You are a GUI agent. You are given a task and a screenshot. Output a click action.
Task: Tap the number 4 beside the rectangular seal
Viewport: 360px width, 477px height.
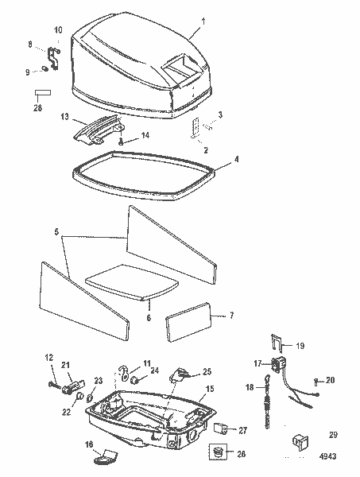pos(235,158)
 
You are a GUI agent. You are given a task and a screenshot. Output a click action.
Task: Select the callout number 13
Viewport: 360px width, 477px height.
pos(64,116)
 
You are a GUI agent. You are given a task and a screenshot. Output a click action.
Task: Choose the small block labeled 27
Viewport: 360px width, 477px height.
pos(221,429)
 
